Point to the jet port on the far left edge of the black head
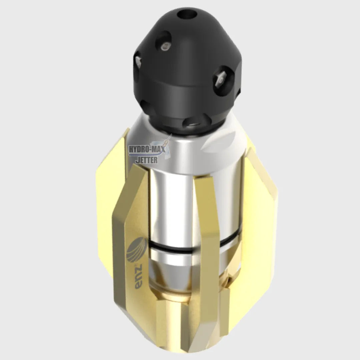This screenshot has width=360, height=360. point(138,61)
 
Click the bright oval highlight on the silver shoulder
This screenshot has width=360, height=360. point(220,142)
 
